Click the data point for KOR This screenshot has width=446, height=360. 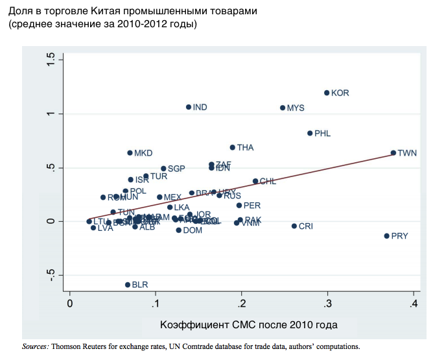[327, 93]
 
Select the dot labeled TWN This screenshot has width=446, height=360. [393, 153]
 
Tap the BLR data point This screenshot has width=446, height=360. [128, 285]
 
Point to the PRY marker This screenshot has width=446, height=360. [387, 236]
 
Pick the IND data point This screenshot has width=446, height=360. [189, 107]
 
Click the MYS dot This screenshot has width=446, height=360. [283, 108]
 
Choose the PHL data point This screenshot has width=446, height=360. [310, 133]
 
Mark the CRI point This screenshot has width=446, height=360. [294, 226]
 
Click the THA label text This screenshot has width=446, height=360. [245, 147]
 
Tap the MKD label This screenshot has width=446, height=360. [143, 153]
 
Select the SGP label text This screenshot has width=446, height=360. [176, 169]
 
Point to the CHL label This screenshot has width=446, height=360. [268, 181]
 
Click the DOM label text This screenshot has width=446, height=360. [193, 230]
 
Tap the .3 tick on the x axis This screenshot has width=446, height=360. [327, 303]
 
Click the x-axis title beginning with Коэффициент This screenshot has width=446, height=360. [248, 324]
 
